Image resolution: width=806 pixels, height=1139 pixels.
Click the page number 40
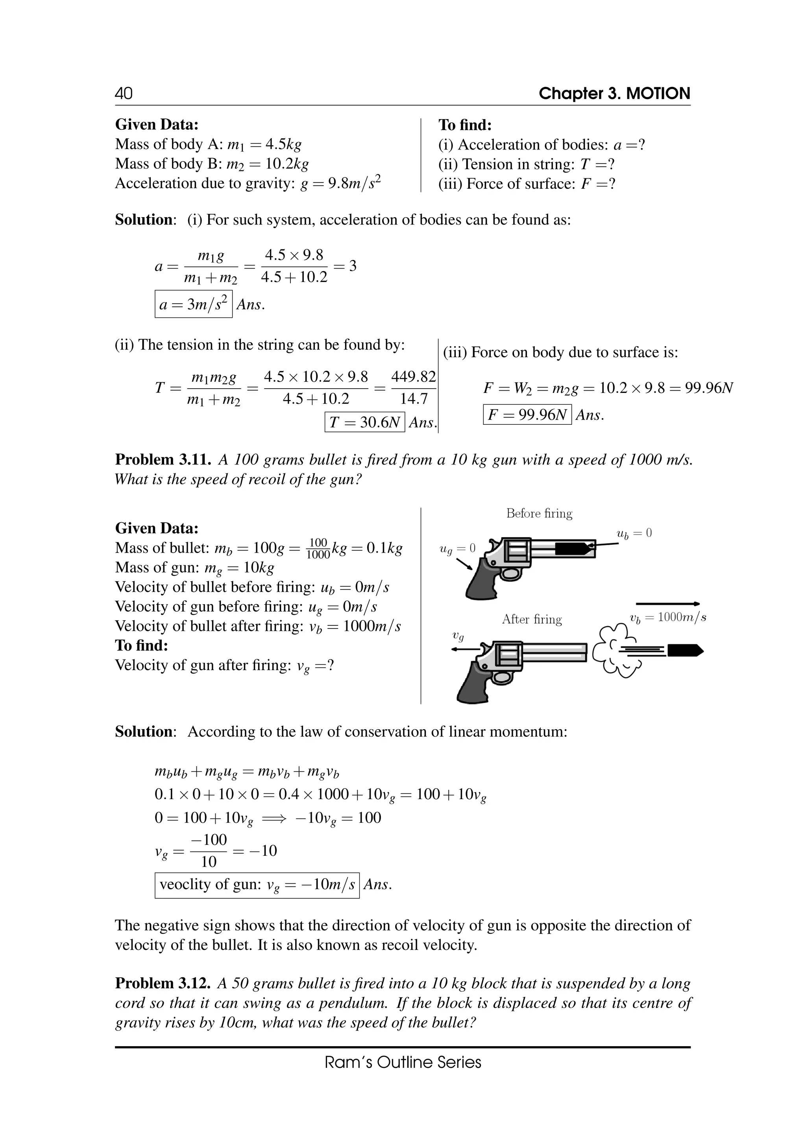coord(124,93)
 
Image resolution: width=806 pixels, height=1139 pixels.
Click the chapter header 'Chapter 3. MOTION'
coord(614,93)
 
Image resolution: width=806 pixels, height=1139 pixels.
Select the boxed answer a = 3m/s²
coord(193,304)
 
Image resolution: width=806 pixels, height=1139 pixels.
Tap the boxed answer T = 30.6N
coord(364,422)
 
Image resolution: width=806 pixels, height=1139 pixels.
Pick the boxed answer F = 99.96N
coord(527,415)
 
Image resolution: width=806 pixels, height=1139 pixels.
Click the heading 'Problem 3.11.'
coord(163,460)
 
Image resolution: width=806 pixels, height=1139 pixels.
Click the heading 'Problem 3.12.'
coord(163,983)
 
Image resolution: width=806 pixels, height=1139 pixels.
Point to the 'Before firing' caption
coord(539,513)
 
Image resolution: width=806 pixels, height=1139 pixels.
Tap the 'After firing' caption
coord(532,619)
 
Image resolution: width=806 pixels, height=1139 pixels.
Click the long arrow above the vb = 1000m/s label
coord(667,604)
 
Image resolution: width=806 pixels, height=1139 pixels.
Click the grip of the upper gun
coord(481,581)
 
